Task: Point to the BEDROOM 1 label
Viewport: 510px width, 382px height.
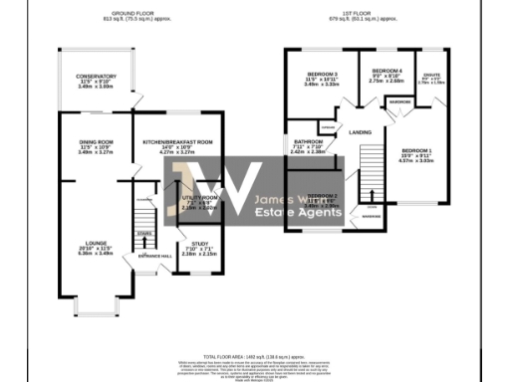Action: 418,151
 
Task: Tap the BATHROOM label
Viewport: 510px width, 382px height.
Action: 307,142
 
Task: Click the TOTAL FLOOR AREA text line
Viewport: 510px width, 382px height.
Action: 255,355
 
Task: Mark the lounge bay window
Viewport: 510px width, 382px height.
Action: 97,305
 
